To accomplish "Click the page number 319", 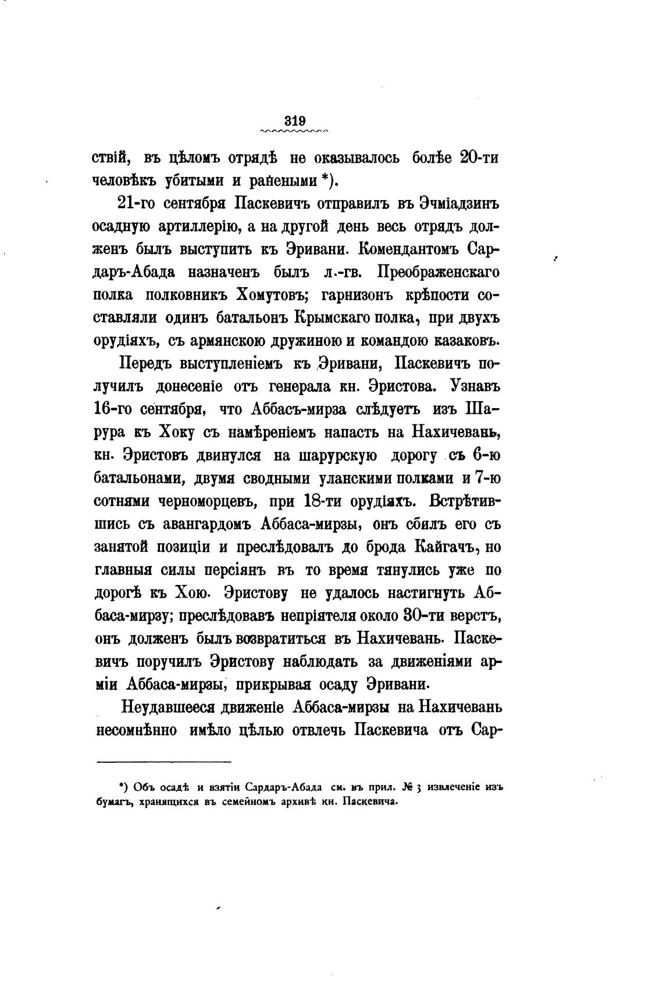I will click(x=295, y=121).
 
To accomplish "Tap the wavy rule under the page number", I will click(x=295, y=132).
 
